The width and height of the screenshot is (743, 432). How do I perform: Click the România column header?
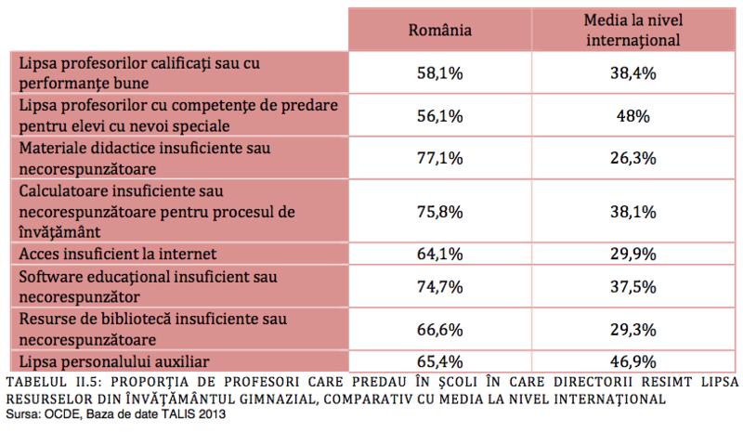tap(441, 30)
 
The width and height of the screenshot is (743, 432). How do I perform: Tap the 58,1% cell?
tap(441, 72)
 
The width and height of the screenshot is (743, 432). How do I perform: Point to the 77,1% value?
tap(441, 158)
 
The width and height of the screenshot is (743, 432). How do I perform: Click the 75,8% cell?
tap(441, 210)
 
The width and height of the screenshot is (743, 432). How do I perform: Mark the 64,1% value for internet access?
tap(441, 253)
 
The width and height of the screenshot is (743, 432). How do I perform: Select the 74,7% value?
tap(441, 286)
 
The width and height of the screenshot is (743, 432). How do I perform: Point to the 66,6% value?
tap(441, 329)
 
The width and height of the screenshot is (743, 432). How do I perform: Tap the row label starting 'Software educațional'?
tap(149, 286)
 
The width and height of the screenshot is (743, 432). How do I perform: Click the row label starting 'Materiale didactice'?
tap(153, 158)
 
